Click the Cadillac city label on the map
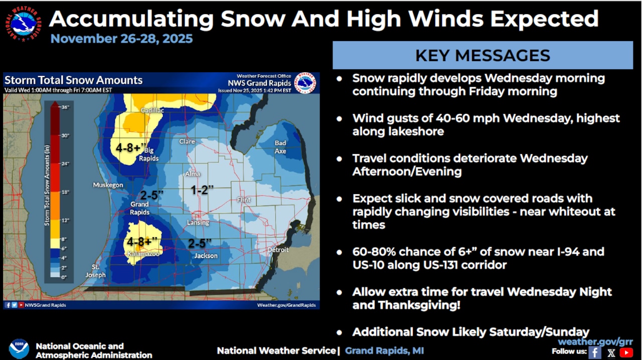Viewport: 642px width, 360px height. click(152, 110)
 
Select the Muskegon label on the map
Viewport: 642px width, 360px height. click(108, 185)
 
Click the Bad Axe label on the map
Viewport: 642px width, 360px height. click(280, 147)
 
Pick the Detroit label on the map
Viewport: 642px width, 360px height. click(277, 250)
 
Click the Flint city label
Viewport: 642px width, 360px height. click(244, 200)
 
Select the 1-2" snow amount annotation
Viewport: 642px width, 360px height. click(202, 190)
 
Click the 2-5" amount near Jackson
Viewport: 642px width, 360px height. click(200, 243)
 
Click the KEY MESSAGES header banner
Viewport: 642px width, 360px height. click(483, 55)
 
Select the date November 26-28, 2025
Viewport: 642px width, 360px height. click(121, 39)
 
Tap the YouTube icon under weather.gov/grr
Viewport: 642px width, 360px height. click(626, 352)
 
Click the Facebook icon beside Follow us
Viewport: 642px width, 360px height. click(595, 352)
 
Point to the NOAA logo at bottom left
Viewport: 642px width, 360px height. click(19, 349)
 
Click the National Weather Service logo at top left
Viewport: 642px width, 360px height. click(23, 24)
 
